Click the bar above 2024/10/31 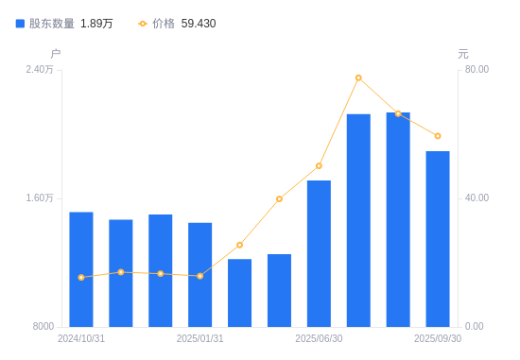[81, 269]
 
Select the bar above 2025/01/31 [199, 275]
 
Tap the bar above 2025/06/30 [319, 253]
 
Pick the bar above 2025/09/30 [438, 239]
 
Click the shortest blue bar [239, 293]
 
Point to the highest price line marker [358, 77]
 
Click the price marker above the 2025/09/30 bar [438, 136]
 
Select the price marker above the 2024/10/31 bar [81, 277]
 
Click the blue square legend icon [20, 24]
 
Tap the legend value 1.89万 [96, 24]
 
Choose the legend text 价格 [164, 24]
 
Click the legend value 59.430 [199, 24]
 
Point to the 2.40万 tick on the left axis [40, 70]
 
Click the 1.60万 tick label [40, 198]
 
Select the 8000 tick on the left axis [43, 327]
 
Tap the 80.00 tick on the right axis [477, 70]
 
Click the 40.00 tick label [477, 198]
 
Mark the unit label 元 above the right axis [463, 54]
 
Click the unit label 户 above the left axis [56, 54]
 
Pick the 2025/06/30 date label [319, 338]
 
